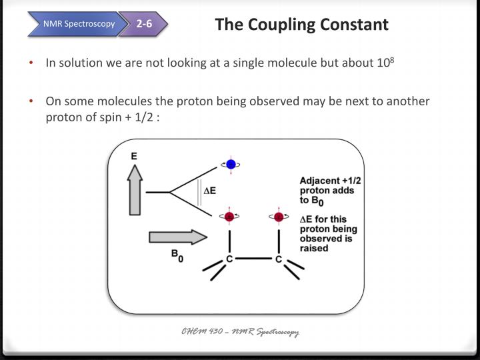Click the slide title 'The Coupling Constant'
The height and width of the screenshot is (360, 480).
click(x=301, y=25)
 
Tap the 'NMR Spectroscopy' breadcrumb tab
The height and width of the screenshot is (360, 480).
click(x=79, y=25)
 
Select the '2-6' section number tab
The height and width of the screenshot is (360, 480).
click(x=144, y=25)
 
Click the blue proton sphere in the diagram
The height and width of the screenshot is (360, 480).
click(x=231, y=164)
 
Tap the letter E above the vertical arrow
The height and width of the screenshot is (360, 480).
click(x=134, y=157)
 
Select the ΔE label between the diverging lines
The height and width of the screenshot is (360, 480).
click(x=209, y=191)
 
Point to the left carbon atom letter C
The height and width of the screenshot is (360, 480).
click(x=229, y=259)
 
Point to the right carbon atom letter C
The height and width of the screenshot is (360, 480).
click(x=279, y=259)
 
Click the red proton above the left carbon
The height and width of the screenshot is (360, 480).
click(x=229, y=217)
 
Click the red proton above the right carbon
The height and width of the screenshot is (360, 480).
click(x=279, y=217)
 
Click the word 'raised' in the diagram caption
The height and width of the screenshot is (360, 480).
click(x=313, y=248)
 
